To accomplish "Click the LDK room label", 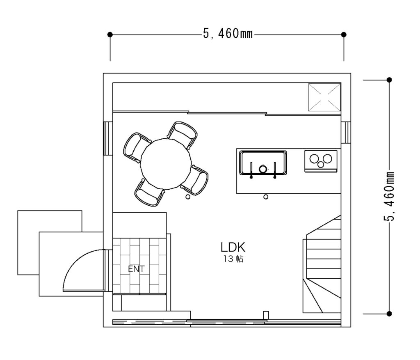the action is [233, 247].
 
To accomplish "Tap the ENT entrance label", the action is [136, 269].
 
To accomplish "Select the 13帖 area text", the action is [233, 259].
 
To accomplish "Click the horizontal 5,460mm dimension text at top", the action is [228, 34].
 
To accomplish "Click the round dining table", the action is [166, 164].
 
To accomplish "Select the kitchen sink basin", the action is [263, 163].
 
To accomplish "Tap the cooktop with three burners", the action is [321, 161].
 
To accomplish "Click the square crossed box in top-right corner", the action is [325, 97].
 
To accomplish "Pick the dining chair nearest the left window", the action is [137, 147].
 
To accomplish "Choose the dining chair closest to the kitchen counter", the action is [195, 180].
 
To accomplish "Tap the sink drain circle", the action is [263, 169].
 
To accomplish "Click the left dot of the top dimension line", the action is [110, 34].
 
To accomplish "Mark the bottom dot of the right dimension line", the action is [390, 314].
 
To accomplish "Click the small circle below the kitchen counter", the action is [266, 197].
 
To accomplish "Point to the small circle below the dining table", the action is [188, 197].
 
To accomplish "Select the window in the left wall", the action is [108, 139].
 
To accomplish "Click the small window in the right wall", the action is [345, 132].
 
